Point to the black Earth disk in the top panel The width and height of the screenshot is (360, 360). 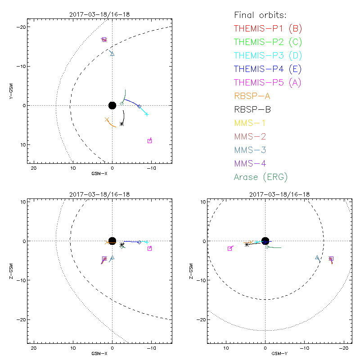pyautogui.click(x=112, y=105)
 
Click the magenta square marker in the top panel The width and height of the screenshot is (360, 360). pyautogui.click(x=150, y=141)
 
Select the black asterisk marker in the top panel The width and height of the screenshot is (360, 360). pyautogui.click(x=122, y=123)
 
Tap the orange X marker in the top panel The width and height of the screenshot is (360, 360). pyautogui.click(x=107, y=120)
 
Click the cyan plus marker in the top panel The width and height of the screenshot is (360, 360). pyautogui.click(x=147, y=114)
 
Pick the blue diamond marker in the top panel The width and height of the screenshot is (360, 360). pyautogui.click(x=139, y=106)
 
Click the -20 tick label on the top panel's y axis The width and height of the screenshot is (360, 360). pyautogui.click(x=21, y=27)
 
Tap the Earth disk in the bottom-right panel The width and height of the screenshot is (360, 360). pyautogui.click(x=265, y=241)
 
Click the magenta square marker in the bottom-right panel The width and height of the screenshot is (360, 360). pyautogui.click(x=230, y=248)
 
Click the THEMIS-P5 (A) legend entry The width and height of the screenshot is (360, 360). pyautogui.click(x=268, y=82)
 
